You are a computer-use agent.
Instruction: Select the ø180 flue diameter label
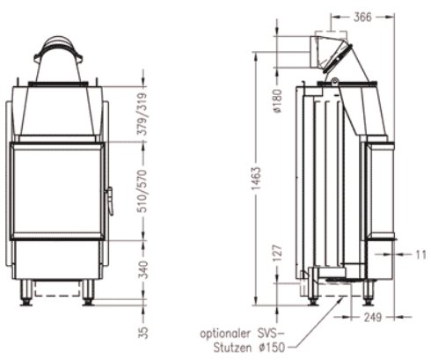tap(278, 102)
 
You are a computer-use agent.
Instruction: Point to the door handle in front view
tap(110, 199)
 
